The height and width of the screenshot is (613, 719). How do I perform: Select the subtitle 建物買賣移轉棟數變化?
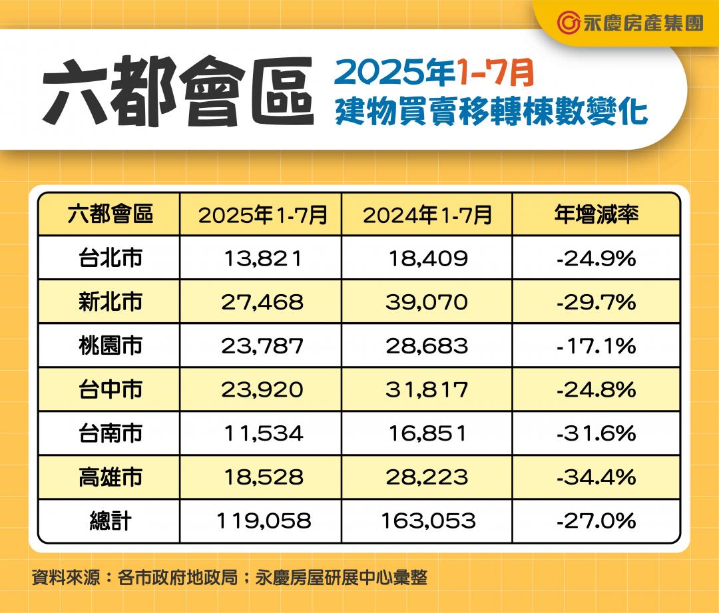(491, 110)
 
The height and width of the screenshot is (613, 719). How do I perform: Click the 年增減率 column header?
(596, 215)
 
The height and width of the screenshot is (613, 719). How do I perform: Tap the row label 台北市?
(110, 258)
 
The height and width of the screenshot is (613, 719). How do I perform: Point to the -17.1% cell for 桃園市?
(596, 346)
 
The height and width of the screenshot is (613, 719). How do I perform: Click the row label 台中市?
(110, 390)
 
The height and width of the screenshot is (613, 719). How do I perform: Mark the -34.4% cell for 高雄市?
(596, 477)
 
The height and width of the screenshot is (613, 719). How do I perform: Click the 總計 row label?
(110, 521)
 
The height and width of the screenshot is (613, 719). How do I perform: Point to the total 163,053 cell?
(428, 521)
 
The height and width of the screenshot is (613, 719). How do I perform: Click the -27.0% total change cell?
(596, 521)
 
